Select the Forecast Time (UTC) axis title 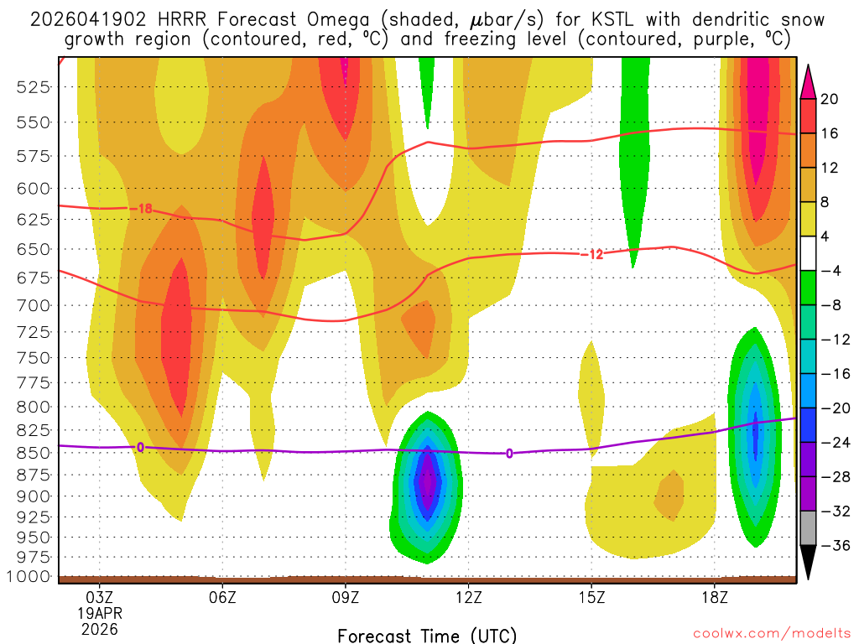427,635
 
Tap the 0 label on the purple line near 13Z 509,454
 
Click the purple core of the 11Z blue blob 428,482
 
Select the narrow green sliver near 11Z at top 427,88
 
